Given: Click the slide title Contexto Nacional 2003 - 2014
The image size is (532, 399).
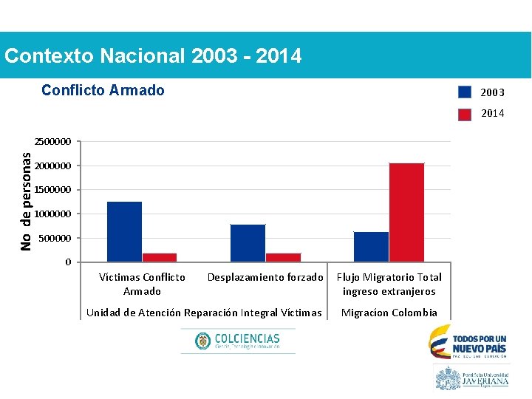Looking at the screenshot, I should pyautogui.click(x=153, y=55).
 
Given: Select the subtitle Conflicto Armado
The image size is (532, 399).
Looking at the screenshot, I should pyautogui.click(x=103, y=90).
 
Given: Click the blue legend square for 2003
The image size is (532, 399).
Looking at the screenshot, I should pyautogui.click(x=464, y=92).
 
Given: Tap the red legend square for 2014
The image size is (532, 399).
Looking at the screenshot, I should pyautogui.click(x=464, y=114).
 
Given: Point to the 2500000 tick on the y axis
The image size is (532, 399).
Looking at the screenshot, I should pyautogui.click(x=52, y=141).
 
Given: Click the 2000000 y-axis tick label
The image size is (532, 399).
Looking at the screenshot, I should pyautogui.click(x=52, y=166).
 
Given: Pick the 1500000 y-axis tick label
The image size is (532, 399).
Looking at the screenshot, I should pyautogui.click(x=52, y=190).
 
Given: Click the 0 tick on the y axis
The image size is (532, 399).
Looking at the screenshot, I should pyautogui.click(x=68, y=262).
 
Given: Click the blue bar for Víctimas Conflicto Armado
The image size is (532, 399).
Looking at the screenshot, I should pyautogui.click(x=124, y=231).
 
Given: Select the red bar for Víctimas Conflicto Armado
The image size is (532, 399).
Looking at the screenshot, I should pyautogui.click(x=160, y=257).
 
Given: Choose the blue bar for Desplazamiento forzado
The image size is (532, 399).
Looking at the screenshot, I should pyautogui.click(x=248, y=243).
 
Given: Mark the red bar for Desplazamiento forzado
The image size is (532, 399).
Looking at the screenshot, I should pyautogui.click(x=283, y=257).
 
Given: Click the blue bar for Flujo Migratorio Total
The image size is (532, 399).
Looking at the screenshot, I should pyautogui.click(x=371, y=247).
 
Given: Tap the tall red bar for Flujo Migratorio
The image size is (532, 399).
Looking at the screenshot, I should pyautogui.click(x=406, y=212).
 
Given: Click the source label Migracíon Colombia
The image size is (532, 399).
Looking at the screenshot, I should pyautogui.click(x=389, y=313).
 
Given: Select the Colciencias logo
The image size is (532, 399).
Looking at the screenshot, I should pyautogui.click(x=238, y=341).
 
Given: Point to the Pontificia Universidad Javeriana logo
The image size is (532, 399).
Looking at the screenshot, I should pyautogui.click(x=472, y=378).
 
